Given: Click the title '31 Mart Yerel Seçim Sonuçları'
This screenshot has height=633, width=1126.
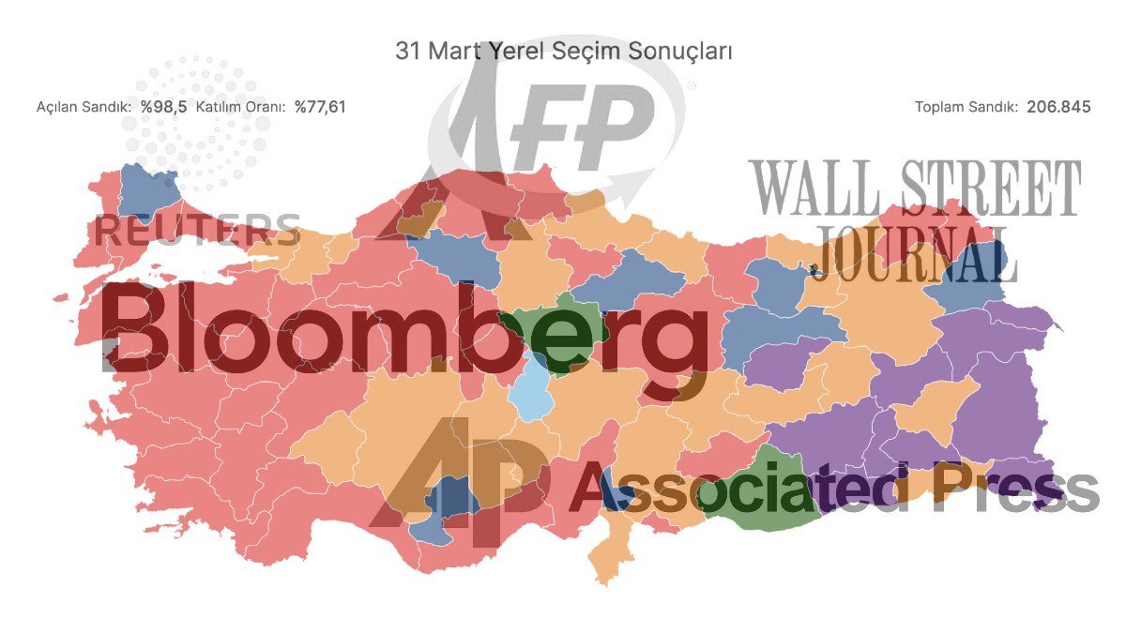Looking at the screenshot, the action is tap(563, 51).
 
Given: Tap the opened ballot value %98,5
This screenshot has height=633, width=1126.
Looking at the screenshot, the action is tap(164, 107).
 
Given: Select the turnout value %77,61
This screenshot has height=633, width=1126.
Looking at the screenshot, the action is tap(320, 107).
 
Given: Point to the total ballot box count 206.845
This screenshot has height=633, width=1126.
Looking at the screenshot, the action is tap(1058, 107).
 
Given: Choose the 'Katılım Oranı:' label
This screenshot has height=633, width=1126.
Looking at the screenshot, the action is tap(241, 107).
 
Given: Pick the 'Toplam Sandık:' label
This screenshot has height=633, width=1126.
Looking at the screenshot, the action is tap(966, 107).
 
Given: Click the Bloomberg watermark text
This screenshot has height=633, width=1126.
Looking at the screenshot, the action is tap(403, 328).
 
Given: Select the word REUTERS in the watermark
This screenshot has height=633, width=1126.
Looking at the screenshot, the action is tap(197, 230).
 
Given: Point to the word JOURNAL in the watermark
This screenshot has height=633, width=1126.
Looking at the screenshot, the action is tap(915, 253).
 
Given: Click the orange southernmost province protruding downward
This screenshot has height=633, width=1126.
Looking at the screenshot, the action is tap(610, 553).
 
